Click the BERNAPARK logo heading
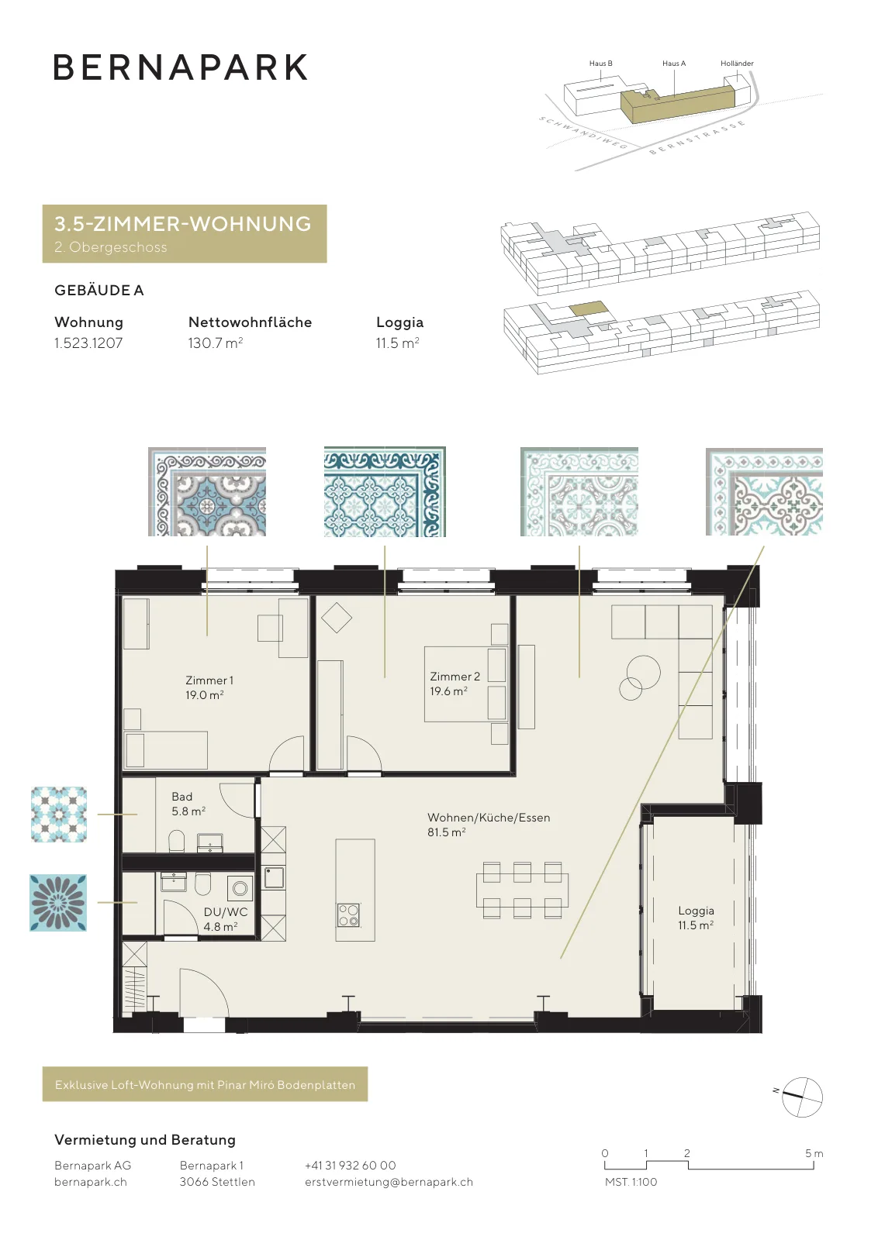coord(181,67)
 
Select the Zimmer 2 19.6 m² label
coord(455,684)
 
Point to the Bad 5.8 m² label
coord(188,804)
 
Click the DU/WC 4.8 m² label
coord(225,919)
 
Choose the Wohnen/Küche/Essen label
coord(489,818)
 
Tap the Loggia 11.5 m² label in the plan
coord(696,918)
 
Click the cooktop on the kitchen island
coord(349,915)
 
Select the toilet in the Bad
coord(176,840)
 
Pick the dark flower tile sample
coord(58,903)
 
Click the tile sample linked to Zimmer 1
coord(206,491)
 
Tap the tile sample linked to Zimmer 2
coord(385,491)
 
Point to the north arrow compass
coord(801,1097)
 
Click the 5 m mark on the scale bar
coord(814,1153)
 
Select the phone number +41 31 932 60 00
coord(350,1166)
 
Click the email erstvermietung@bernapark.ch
coord(389,1182)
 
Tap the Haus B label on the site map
coord(600,63)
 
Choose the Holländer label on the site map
coord(737,63)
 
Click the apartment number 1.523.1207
coord(88,343)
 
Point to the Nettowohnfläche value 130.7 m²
coord(216,343)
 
